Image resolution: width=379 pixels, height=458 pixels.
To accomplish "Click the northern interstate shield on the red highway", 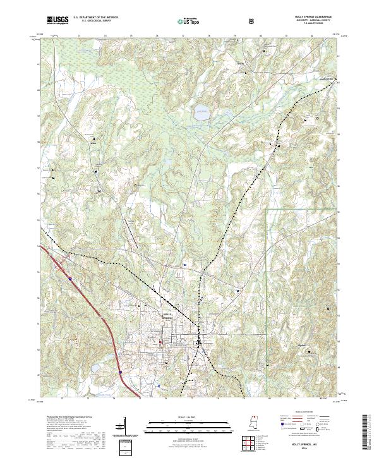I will click(x=69, y=277).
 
